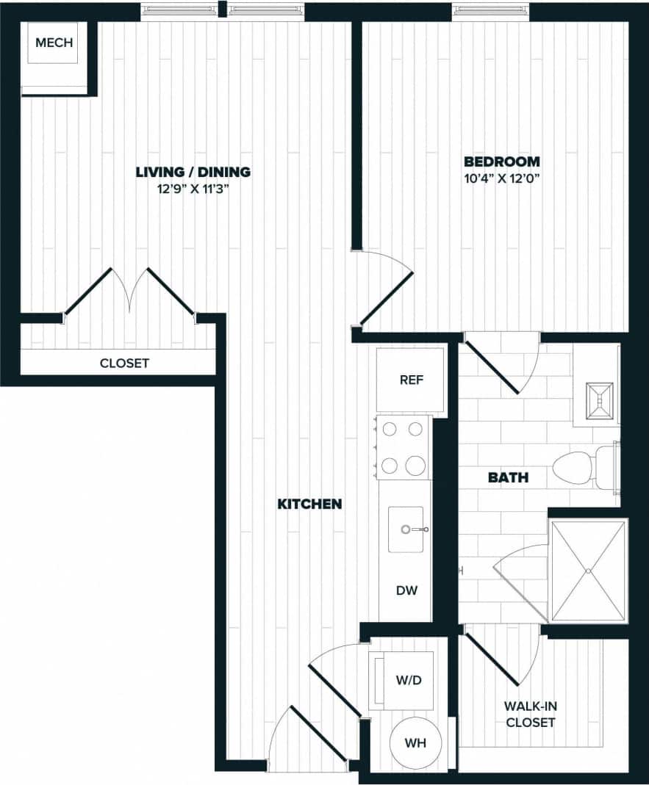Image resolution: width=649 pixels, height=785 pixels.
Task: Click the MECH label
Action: [54, 43]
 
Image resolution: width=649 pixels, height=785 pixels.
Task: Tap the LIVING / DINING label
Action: [193, 172]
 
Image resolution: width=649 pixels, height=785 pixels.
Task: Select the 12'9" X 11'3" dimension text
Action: [193, 189]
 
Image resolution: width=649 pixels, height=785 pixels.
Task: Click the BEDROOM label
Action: [501, 162]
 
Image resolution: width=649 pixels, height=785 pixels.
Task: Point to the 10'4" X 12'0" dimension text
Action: [501, 178]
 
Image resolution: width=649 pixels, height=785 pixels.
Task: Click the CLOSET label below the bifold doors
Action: [124, 363]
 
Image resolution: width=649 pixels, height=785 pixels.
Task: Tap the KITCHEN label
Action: [309, 504]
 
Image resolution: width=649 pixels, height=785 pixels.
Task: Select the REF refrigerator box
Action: [410, 380]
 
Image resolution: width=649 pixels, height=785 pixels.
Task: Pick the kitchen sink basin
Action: [406, 529]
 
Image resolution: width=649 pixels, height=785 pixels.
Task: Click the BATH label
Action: [508, 478]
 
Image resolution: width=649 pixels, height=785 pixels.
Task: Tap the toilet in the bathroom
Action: [584, 467]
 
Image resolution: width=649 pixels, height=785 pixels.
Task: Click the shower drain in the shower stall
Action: [589, 571]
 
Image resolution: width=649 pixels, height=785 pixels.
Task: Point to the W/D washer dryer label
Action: [409, 680]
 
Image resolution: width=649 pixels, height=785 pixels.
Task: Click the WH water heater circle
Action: [415, 742]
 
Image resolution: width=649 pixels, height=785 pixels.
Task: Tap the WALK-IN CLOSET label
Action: [530, 714]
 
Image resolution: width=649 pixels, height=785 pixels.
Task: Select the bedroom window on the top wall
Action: [490, 11]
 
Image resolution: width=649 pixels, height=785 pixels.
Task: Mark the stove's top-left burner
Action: [390, 430]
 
